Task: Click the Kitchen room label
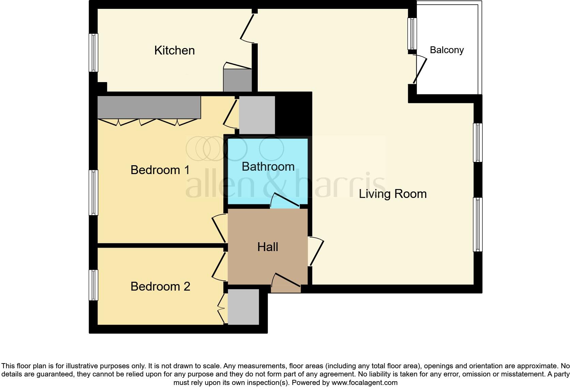[174, 50]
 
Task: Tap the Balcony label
[447, 50]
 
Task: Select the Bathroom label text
[268, 167]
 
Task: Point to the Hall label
[268, 247]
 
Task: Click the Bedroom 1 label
[160, 170]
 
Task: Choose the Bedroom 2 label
[160, 287]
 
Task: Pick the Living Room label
[393, 194]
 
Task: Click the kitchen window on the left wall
[93, 52]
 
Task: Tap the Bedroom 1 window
[93, 192]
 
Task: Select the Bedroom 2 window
[93, 285]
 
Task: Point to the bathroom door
[285, 201]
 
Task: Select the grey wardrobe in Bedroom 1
[149, 107]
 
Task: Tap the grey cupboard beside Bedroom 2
[243, 307]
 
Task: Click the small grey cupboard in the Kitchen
[237, 80]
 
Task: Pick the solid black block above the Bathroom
[293, 114]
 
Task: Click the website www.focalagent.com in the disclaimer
[364, 383]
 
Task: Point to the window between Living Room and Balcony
[412, 34]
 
